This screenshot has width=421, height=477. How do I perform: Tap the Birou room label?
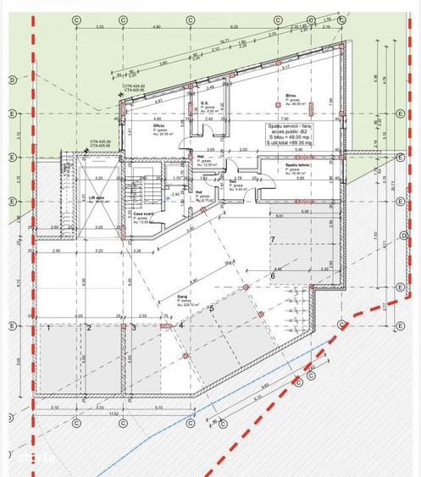pos(289,97)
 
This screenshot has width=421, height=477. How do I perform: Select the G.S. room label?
pos(204,103)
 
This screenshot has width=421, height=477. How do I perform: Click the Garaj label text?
pos(182,296)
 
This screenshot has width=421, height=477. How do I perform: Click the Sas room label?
pos(232,181)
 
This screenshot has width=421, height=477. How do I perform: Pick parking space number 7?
pos(272,240)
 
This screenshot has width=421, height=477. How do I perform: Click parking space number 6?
pos(273,275)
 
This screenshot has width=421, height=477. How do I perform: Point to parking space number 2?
pos(88,326)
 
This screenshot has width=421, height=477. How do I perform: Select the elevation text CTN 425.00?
pos(102,141)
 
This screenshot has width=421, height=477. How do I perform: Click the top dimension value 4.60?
pos(157,27)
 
